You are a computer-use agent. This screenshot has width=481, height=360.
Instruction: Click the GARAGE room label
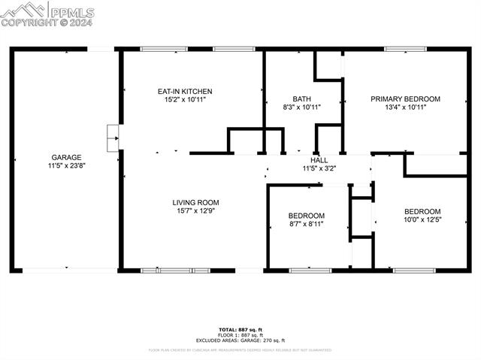[66, 158]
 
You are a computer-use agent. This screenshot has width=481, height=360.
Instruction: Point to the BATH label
[301, 99]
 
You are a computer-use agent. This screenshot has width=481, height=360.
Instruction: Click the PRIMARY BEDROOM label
[405, 99]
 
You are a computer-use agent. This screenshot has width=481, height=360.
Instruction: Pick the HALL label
[319, 160]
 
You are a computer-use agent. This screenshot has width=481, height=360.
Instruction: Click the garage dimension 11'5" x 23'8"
[66, 166]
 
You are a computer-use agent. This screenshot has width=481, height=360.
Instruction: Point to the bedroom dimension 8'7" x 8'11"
[307, 224]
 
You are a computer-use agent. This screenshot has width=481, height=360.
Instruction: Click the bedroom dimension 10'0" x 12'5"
[422, 219]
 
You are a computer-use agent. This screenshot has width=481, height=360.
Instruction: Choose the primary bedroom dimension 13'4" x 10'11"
[405, 107]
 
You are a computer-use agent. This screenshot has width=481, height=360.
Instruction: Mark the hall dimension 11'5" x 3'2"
[319, 168]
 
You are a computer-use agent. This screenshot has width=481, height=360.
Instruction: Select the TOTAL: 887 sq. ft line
[240, 330]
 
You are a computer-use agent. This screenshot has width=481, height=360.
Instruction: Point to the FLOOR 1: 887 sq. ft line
[240, 334]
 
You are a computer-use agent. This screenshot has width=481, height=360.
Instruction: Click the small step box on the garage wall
[113, 133]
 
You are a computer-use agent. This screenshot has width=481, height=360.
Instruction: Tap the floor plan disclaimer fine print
[240, 349]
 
